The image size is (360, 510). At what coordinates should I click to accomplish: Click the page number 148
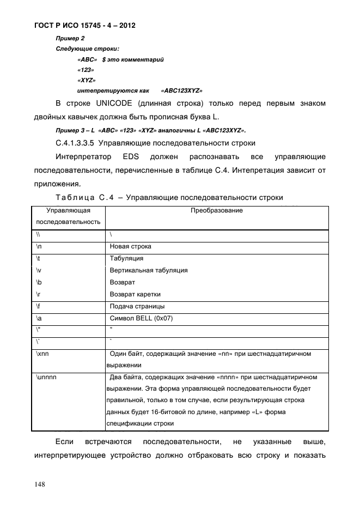[x=40, y=484]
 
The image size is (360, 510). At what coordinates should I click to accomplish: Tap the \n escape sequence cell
[x=39, y=246]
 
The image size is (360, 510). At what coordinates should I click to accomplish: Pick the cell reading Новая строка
[x=131, y=246]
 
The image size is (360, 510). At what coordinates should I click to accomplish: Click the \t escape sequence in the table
[x=38, y=258]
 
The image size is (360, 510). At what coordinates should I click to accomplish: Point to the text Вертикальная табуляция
[x=149, y=270]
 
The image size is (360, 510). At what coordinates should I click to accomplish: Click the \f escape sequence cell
[x=38, y=306]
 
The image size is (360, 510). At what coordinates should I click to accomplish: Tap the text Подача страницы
[x=137, y=306]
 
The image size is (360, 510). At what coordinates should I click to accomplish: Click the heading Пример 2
[x=68, y=39]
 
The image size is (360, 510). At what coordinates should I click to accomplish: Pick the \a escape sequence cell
[x=38, y=318]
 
